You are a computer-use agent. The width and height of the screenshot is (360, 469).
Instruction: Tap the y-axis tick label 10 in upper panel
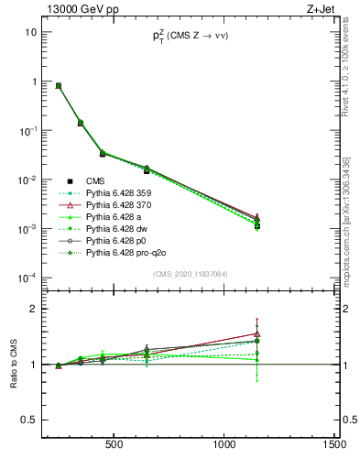pyautogui.click(x=30, y=32)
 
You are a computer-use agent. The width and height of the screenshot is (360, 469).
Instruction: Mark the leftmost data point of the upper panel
pyautogui.click(x=59, y=85)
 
